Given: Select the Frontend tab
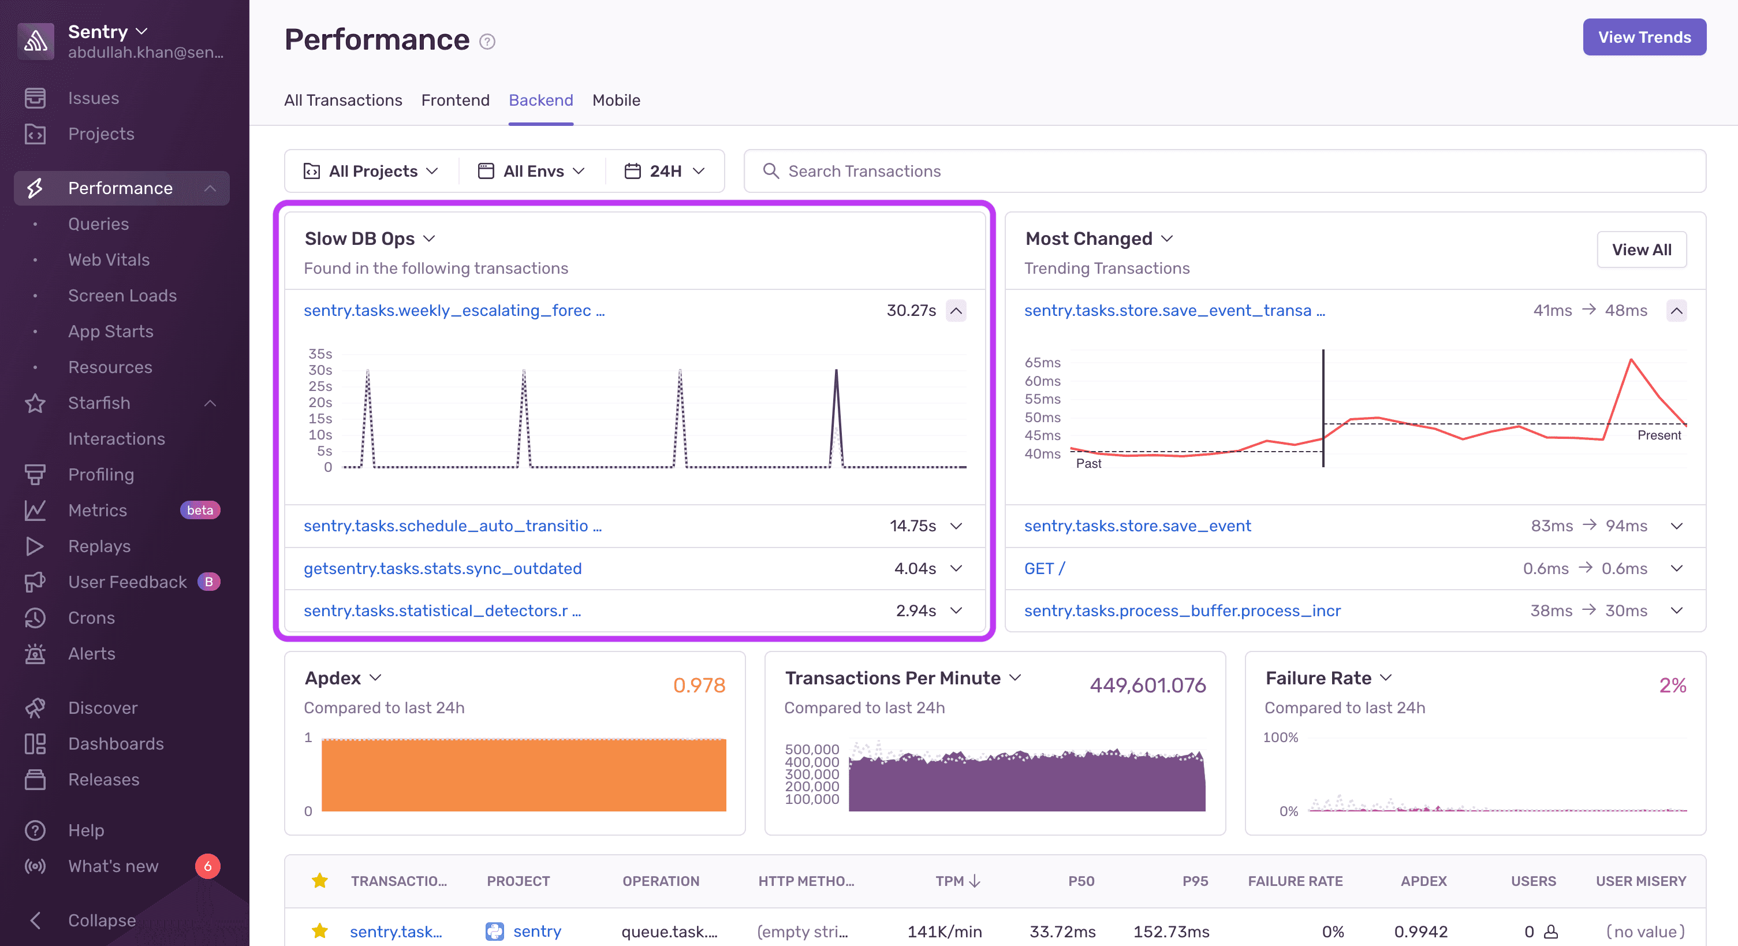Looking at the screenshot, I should tap(455, 100).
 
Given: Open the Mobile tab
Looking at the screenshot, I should tap(616, 100).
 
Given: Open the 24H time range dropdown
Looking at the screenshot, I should tap(665, 172).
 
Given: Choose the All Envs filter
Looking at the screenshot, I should tap(532, 172).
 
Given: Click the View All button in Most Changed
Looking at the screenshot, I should tap(1641, 249).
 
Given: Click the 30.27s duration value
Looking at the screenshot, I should tap(911, 310).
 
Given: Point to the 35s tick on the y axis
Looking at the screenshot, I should tap(320, 353).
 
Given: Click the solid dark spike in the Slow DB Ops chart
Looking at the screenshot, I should tap(836, 405).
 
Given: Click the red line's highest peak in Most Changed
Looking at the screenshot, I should tap(1631, 360).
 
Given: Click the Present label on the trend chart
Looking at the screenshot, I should tap(1658, 435).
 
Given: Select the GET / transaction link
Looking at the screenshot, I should tap(1044, 568).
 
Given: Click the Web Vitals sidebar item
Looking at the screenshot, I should tap(109, 260).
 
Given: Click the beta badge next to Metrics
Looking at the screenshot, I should tap(200, 510).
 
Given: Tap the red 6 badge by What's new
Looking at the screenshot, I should tap(207, 866).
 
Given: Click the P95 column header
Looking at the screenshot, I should tap(1194, 881).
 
